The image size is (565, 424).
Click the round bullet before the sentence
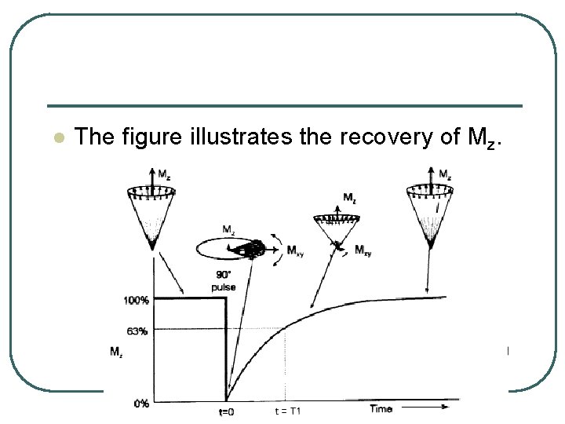56,137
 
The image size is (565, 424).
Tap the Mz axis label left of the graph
116,353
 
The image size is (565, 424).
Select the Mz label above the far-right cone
443,174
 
